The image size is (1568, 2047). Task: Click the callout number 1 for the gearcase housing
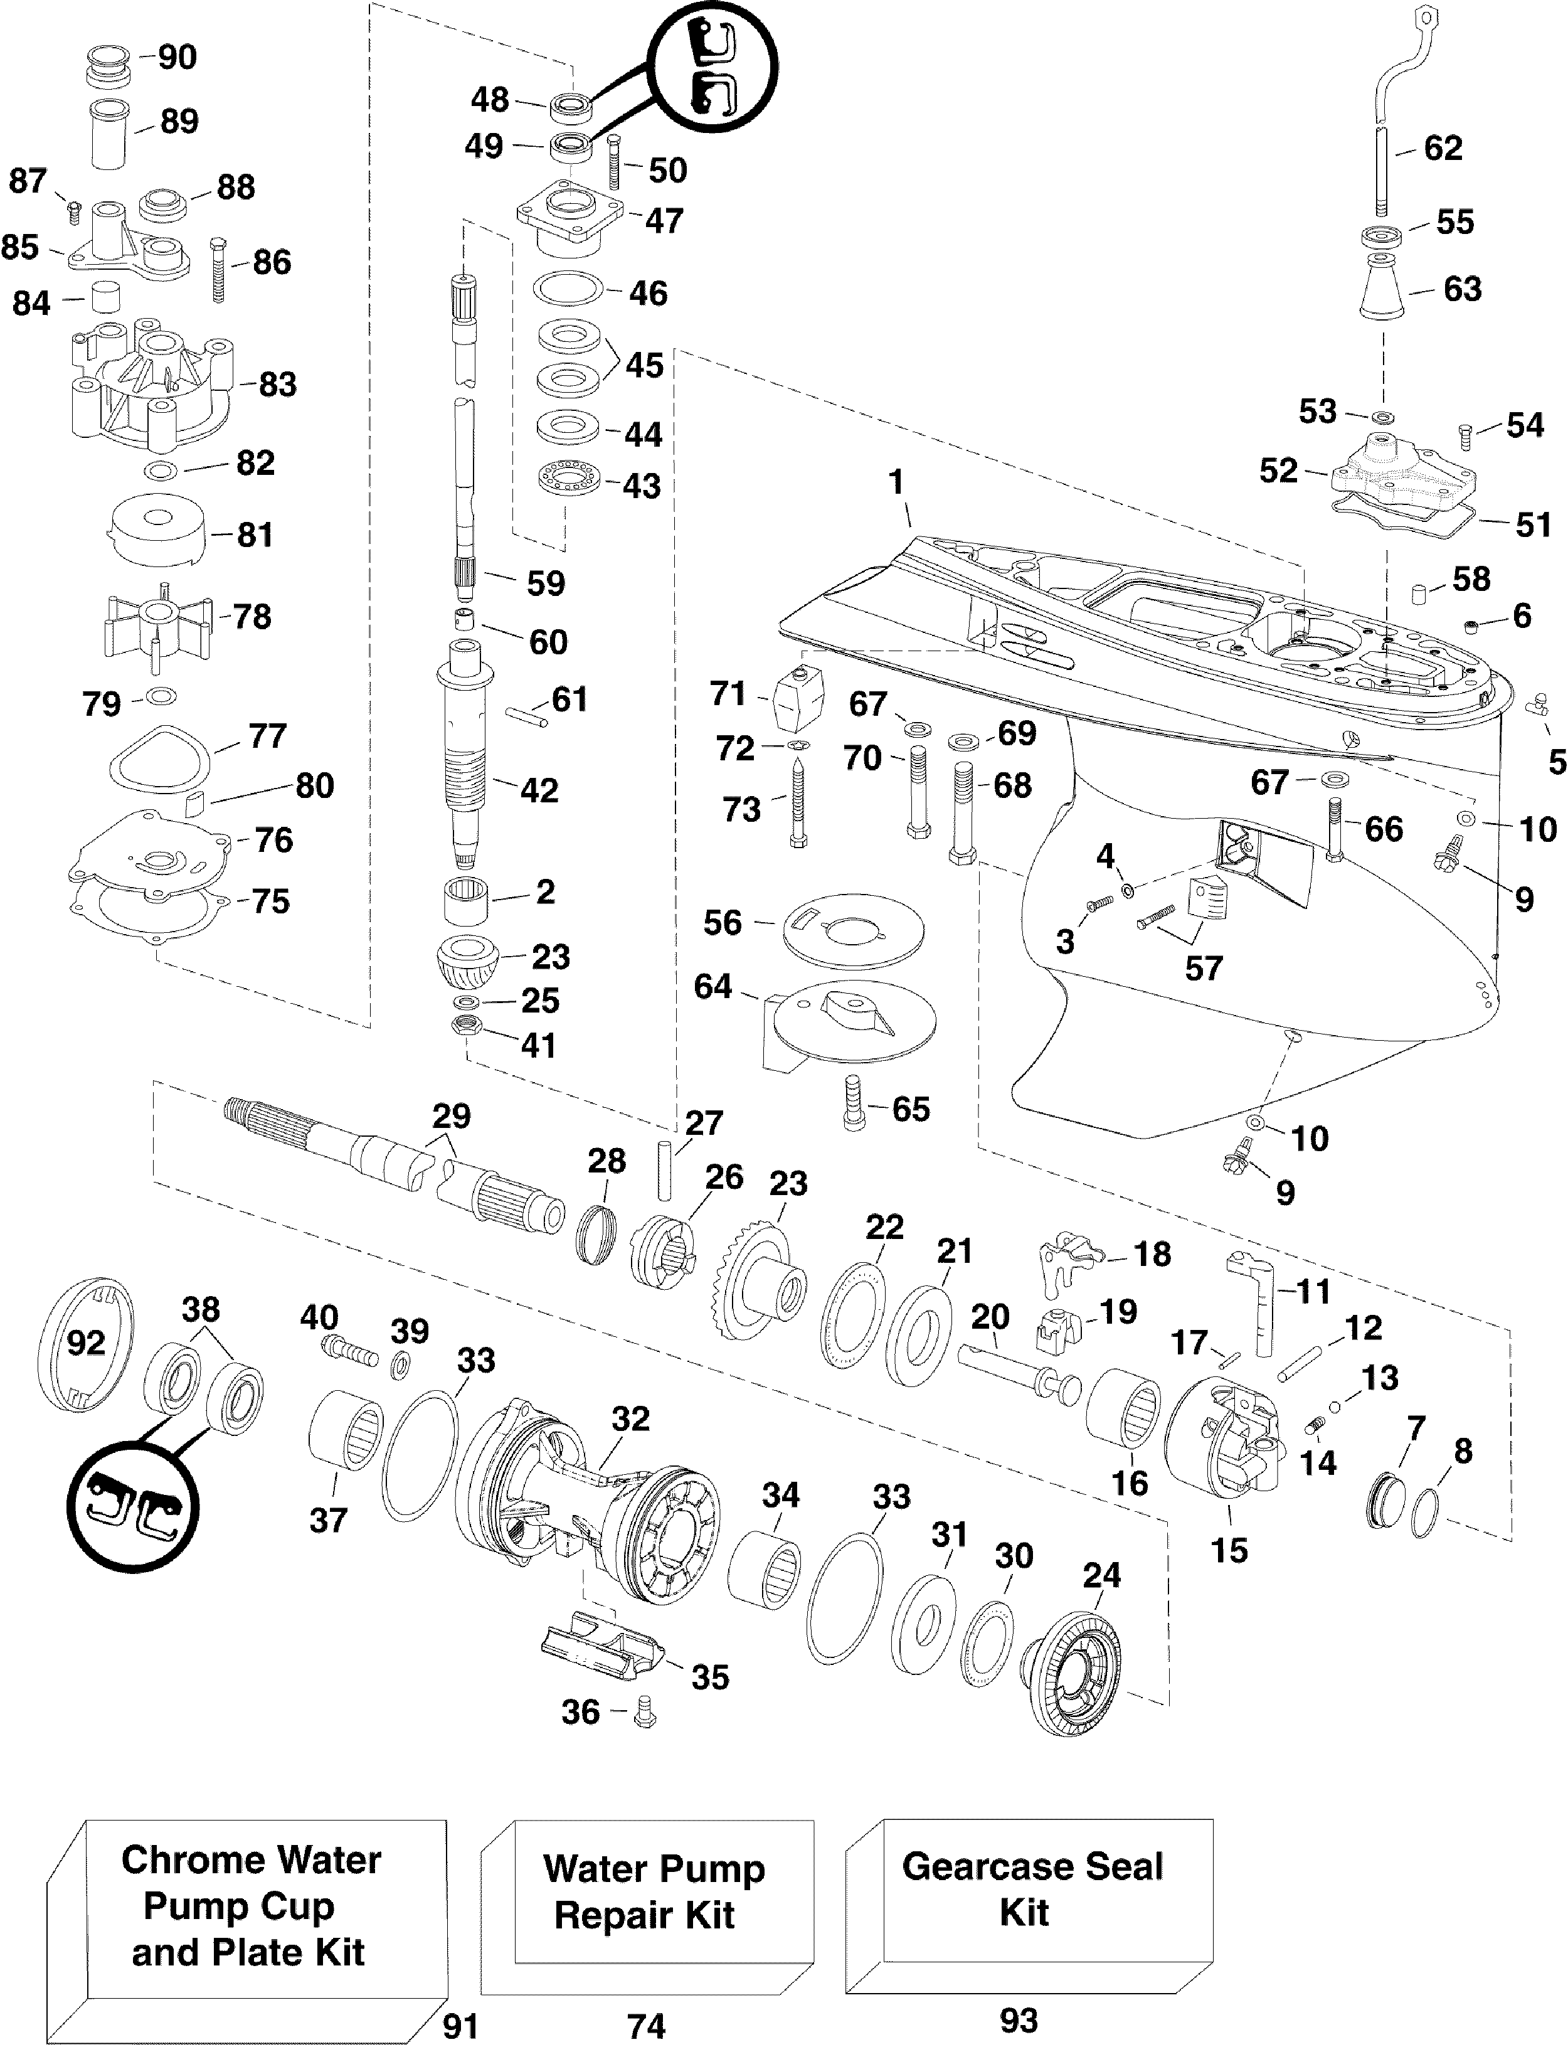(x=896, y=482)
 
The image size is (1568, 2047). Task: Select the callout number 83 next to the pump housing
(x=277, y=384)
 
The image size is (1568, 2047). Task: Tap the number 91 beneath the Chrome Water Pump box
(x=460, y=2026)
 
